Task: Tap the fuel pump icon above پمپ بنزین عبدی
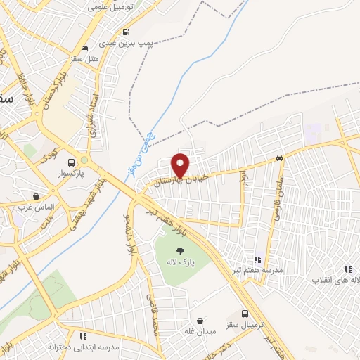coord(126,32)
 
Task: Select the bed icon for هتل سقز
coord(85,48)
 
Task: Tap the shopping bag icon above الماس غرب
coord(36,196)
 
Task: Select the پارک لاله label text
coord(181,262)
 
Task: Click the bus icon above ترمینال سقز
coord(245,314)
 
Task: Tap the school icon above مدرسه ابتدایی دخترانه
coord(84,336)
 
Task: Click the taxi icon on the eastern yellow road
coord(280,158)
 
